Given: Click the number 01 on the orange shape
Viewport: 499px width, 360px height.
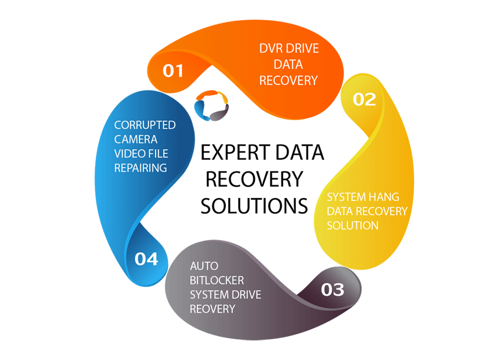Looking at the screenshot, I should (173, 70).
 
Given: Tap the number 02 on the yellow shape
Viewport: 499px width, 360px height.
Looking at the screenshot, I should (364, 99).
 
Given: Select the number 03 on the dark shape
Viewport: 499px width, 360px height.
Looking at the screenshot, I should (332, 290).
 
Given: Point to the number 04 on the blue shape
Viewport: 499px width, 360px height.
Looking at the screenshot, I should (146, 259).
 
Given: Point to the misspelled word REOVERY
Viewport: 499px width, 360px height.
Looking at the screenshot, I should (212, 309).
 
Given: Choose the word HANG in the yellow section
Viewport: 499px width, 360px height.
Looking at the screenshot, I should (381, 197).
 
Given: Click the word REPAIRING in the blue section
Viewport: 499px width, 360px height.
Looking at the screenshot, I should (141, 168).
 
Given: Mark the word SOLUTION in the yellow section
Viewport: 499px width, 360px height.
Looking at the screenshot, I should (353, 226).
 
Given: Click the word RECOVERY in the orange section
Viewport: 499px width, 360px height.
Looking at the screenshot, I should (289, 80).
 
